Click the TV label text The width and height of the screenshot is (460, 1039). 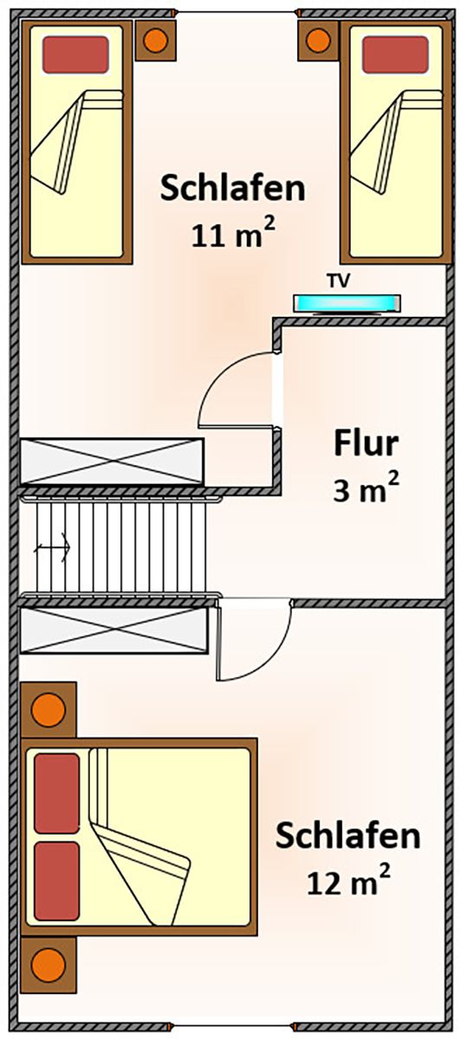338,281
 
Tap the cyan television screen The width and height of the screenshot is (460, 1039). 347,303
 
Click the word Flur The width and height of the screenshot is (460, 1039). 366,443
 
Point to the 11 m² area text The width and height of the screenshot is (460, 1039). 233,232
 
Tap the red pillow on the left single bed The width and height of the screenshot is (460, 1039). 75,55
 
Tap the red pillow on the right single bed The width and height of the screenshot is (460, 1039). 395,55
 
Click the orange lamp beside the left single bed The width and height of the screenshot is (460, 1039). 155,41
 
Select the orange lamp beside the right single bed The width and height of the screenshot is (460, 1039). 318,41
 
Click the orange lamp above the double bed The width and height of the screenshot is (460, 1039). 49,710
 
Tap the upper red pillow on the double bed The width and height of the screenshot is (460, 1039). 56,793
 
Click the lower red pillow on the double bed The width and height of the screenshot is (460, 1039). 56,881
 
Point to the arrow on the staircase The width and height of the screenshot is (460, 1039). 53,547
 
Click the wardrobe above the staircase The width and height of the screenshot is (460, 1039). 112,461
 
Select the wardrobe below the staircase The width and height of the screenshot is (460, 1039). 113,630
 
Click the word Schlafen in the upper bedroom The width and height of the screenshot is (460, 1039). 233,188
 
